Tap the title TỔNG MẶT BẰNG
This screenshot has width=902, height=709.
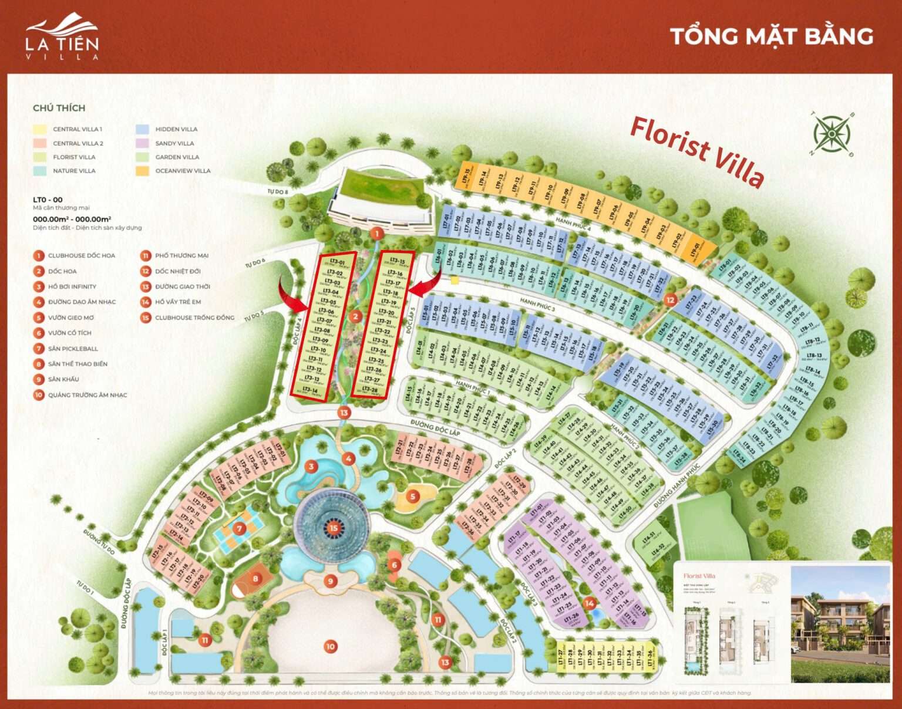[771, 36]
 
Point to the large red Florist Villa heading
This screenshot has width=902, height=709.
[697, 150]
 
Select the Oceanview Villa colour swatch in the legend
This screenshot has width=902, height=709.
[142, 171]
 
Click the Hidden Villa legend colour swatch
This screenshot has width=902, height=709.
[142, 129]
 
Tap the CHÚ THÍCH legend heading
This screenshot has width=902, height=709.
[59, 108]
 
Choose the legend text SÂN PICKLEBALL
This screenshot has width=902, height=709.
[73, 349]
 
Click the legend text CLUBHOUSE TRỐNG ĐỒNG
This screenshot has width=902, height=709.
[194, 318]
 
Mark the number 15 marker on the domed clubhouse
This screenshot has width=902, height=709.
[334, 528]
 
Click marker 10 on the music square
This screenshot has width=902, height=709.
[330, 646]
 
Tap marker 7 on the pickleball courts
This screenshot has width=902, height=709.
[239, 529]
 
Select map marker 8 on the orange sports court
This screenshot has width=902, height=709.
[255, 579]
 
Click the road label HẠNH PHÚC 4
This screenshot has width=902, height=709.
[573, 224]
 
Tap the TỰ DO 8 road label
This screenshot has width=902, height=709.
[278, 191]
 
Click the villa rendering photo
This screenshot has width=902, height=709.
[840, 623]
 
